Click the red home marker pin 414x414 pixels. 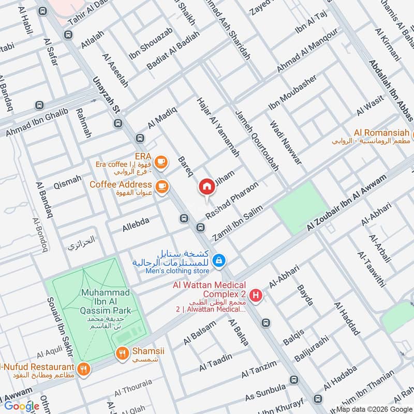pos(207,187)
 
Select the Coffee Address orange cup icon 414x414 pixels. pos(162,185)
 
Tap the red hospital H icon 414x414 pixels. pos(255,296)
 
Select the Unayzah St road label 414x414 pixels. pos(107,95)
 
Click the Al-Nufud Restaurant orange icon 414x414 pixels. pos(84,369)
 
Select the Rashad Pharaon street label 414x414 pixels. pos(232,199)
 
